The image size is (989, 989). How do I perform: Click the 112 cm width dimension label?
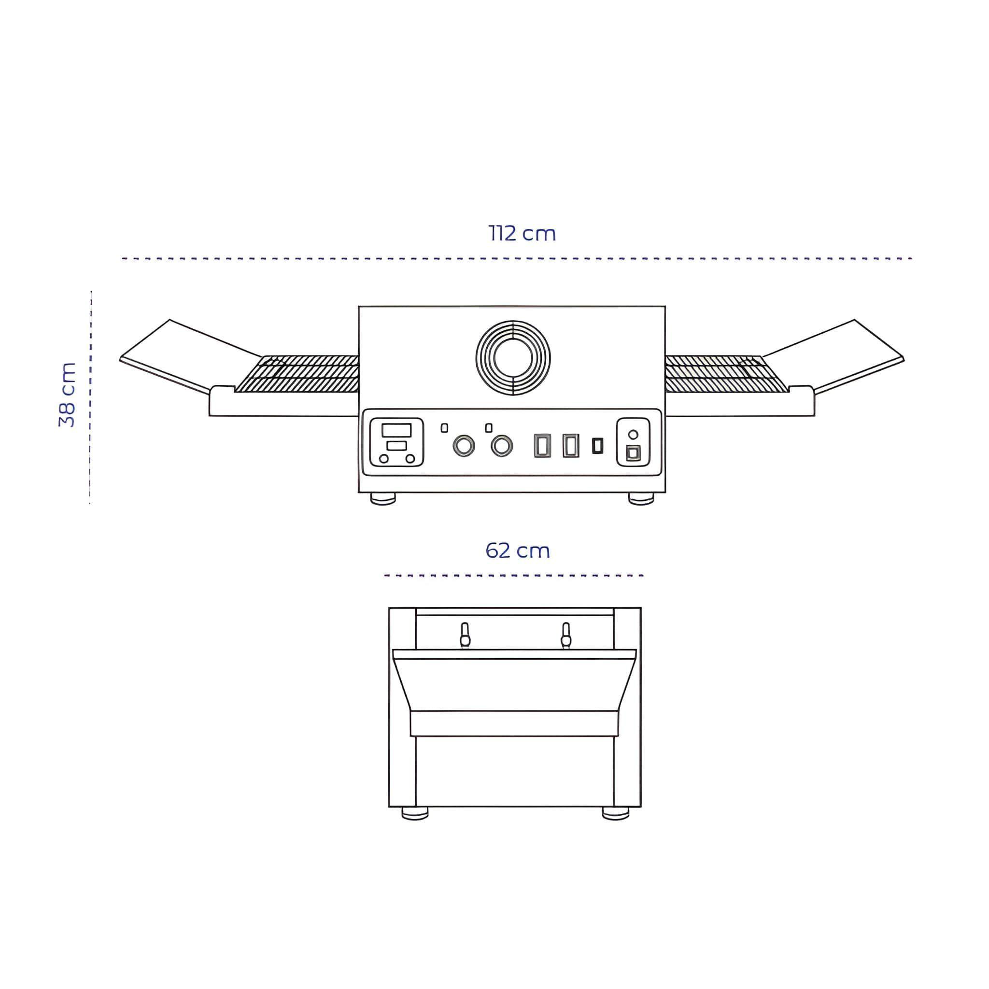coord(522,233)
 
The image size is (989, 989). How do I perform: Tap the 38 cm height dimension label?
coord(67,395)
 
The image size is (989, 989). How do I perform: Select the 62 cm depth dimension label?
coord(518,551)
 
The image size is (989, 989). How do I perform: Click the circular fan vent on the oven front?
coord(513,358)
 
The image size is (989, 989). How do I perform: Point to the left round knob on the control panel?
coord(463,446)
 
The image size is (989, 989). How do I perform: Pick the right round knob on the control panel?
coord(502,446)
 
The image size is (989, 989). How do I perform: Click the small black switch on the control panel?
coord(597,445)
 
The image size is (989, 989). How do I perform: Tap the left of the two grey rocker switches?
coord(542,445)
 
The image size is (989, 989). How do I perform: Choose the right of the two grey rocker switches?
coord(571,445)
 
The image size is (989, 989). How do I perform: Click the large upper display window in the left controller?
coord(396,430)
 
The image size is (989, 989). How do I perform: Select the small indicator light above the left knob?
coord(444,427)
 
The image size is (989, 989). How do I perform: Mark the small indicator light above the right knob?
coord(488,427)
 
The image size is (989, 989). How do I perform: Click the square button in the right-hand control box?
coord(633,452)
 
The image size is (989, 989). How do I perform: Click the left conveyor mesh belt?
coord(297,374)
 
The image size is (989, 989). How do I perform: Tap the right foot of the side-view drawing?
coord(615,813)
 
